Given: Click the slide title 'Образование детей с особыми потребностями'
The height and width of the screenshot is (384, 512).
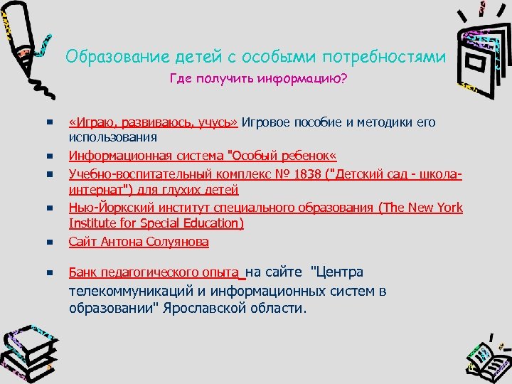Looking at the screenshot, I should pos(256,56).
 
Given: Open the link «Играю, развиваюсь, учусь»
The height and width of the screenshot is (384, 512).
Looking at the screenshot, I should pos(153,122).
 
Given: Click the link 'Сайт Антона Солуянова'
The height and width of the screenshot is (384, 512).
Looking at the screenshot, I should pos(139,242).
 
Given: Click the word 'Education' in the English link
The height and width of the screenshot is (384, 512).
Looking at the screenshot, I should pos(212,224).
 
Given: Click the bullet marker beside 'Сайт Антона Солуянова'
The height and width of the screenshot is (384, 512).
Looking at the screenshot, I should pos(50,242).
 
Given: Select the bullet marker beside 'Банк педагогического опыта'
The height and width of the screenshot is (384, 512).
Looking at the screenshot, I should pos(50,273).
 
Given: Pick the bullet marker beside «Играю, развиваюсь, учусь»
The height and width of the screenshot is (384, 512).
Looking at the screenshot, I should pos(50,122).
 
